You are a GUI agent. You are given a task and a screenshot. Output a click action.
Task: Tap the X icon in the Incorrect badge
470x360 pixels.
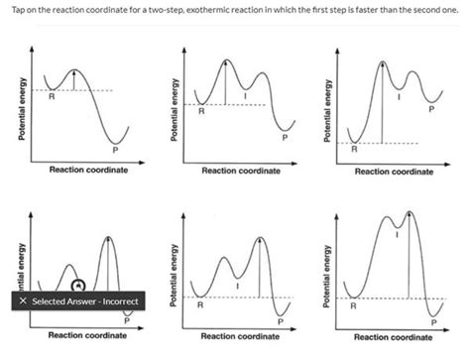[22, 300]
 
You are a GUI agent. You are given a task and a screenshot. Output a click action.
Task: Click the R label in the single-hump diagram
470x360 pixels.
[52, 97]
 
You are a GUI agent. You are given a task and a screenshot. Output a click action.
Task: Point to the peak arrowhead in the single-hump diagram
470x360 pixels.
[74, 71]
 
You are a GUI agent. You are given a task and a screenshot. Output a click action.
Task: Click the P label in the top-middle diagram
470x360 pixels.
[284, 138]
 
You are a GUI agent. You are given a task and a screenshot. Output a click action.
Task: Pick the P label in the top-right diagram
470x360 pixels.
[431, 110]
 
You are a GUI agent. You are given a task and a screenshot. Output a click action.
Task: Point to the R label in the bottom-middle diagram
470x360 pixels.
[202, 305]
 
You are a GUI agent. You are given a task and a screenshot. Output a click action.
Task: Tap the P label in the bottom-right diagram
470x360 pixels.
[432, 321]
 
